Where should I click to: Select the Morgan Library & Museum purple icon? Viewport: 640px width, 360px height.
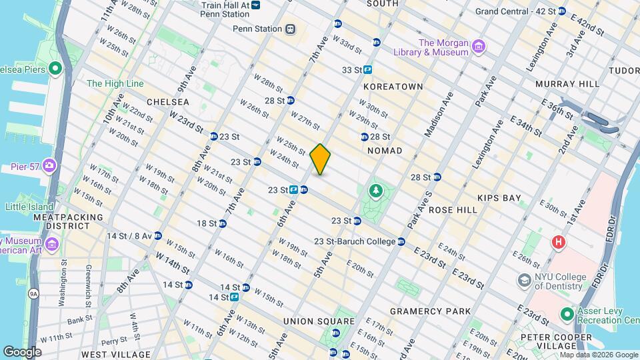477,46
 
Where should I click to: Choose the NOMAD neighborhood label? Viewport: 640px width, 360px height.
385,151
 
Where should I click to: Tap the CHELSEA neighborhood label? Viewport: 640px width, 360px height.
168,102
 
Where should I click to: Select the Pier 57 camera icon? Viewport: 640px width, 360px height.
49,165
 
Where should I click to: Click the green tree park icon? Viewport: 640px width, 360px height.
376,192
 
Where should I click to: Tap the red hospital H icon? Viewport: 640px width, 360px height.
557,241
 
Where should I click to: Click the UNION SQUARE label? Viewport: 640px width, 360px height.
307,321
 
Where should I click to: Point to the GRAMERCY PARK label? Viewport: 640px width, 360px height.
430,311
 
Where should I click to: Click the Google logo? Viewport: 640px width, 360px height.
21,351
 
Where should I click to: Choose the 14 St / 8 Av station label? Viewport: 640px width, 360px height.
129,235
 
